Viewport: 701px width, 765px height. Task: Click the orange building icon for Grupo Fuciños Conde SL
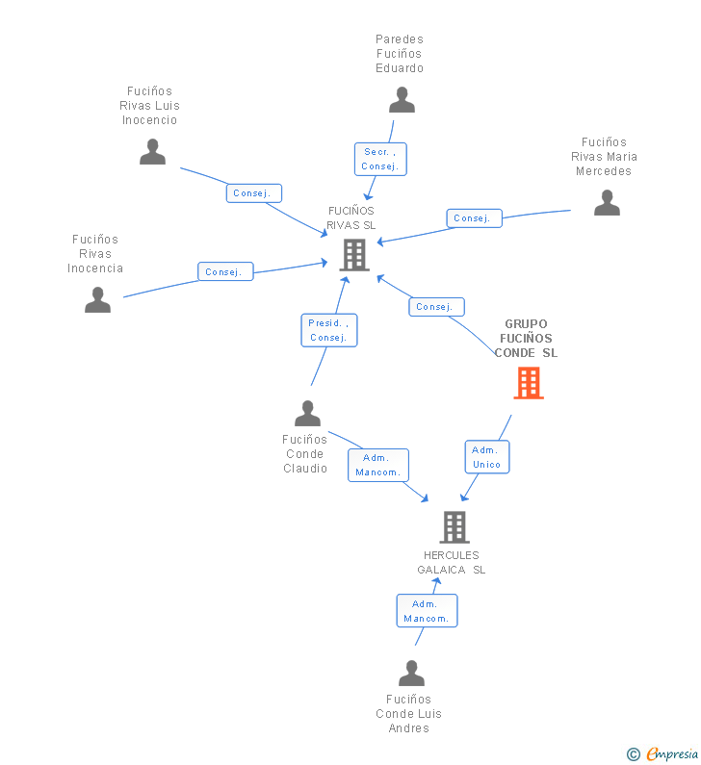529,384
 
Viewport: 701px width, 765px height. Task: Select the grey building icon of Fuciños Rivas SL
354,255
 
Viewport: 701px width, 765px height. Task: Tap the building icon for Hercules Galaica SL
454,527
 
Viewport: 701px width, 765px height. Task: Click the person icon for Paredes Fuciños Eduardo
402,100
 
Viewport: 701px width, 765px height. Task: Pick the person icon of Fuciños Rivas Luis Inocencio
153,152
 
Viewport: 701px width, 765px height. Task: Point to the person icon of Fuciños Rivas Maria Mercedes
607,203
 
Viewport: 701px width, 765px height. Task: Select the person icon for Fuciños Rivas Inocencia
97,299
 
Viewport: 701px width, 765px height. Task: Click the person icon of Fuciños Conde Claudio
307,413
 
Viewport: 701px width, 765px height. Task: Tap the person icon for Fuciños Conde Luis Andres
411,674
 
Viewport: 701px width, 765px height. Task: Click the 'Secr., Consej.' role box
380,159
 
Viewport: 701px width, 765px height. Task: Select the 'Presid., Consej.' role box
329,330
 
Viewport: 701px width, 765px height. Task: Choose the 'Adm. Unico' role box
486,457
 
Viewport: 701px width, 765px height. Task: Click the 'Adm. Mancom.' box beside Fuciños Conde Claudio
378,465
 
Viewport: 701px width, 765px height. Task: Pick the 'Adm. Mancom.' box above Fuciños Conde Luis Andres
427,610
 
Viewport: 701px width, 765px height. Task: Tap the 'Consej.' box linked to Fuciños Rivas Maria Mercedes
474,218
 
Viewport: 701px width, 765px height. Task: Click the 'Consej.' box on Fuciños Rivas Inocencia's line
225,271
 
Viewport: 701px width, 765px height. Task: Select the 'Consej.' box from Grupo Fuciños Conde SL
436,307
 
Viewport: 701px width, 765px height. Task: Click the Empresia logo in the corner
672,753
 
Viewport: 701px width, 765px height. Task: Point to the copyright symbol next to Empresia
634,754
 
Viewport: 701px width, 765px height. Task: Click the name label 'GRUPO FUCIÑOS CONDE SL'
526,338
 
